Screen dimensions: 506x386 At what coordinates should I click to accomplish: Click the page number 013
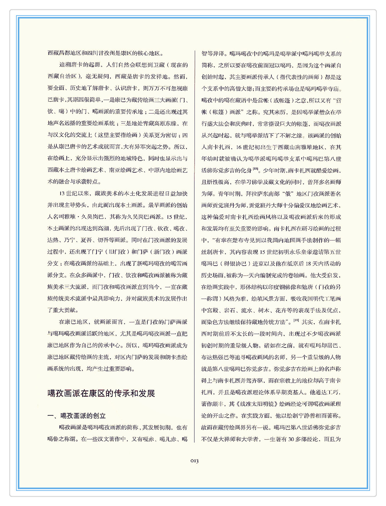click(x=194, y=461)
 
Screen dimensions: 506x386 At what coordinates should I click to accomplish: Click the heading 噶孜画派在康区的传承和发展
click(x=101, y=393)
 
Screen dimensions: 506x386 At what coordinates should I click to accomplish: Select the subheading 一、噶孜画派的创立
click(x=77, y=416)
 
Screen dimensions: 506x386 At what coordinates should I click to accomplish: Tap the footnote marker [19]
click(x=296, y=320)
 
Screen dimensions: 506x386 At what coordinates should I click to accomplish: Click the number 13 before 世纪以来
click(x=62, y=194)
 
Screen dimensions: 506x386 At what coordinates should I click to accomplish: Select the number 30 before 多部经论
click(x=291, y=439)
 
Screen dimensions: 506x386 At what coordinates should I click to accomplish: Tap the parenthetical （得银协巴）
click(x=232, y=263)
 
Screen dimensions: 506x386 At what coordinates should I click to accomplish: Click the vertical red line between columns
click(x=194, y=249)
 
